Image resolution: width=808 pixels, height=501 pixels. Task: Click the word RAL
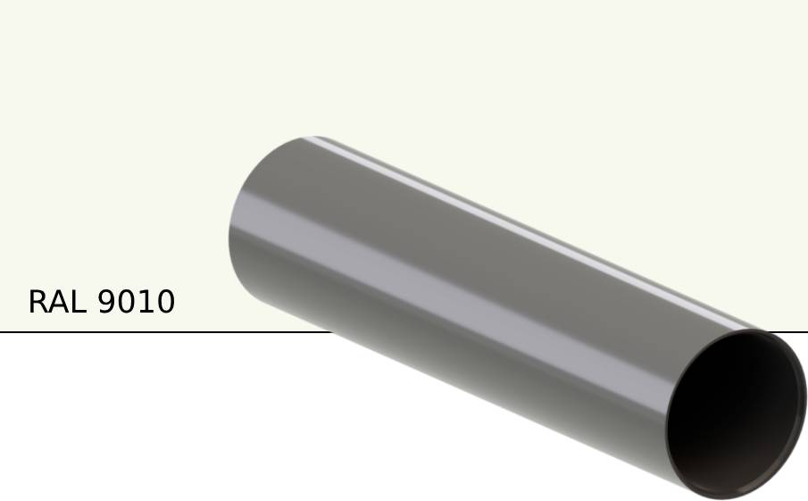58,302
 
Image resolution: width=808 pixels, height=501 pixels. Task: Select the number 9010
136,302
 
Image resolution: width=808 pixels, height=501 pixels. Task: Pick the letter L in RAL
77,302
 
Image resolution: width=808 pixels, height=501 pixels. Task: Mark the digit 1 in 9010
146,302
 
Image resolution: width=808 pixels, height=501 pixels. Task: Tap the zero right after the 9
126,302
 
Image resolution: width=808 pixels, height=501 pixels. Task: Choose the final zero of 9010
165,302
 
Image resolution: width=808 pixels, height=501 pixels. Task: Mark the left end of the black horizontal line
3,332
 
